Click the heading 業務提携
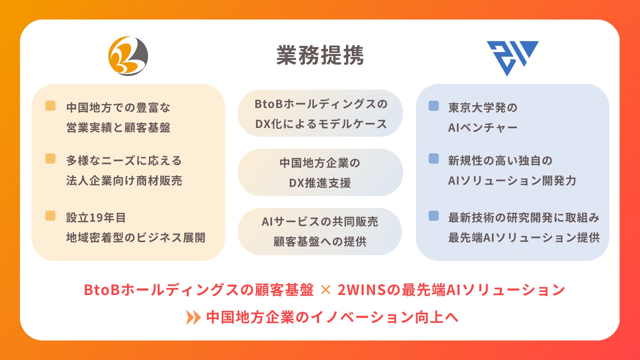(320, 55)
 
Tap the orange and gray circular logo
(128, 56)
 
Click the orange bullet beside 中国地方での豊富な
(50, 106)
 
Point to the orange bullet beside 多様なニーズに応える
(50, 159)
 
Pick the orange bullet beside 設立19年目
(50, 216)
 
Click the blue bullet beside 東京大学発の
(434, 106)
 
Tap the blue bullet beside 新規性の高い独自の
(434, 159)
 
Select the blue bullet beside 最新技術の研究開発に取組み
(434, 216)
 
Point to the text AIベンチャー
(483, 128)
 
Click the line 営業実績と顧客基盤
(118, 128)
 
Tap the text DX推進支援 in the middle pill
(320, 183)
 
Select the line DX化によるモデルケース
(321, 124)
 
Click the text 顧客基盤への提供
(320, 242)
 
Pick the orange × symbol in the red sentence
(325, 290)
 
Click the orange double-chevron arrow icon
(193, 317)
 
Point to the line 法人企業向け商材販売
(124, 181)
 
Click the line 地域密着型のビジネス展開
(136, 238)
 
